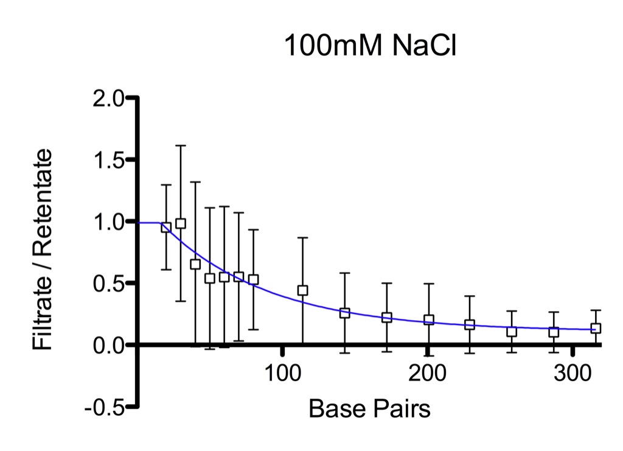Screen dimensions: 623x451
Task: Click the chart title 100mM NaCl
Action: coord(371,46)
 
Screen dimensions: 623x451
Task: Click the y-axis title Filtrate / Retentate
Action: coord(42,250)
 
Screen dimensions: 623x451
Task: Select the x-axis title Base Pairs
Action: coord(369,408)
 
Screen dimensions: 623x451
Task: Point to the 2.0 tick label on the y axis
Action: coord(108,99)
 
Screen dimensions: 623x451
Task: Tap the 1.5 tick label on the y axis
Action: coord(108,161)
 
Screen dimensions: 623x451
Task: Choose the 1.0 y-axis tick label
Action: coord(108,222)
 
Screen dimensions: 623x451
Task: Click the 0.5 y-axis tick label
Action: coord(108,284)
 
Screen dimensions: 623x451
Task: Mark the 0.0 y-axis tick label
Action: coord(108,346)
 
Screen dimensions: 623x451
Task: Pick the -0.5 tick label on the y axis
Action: coord(105,408)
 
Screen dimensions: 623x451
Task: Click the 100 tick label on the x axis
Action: coord(282,374)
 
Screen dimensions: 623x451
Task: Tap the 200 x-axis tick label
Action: coord(428,374)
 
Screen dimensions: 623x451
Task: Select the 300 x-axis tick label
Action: coord(573,374)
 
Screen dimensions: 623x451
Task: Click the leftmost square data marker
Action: coord(166,227)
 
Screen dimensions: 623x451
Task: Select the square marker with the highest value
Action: coord(181,223)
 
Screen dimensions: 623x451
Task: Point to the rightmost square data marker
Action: coord(596,328)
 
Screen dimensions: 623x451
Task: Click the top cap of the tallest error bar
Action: coord(181,145)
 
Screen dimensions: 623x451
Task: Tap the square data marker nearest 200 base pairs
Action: coord(429,320)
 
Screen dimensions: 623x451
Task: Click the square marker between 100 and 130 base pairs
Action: coord(303,290)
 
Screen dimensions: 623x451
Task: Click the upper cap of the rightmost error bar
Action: coord(596,310)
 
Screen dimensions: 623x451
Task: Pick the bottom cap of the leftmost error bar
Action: coord(166,270)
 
